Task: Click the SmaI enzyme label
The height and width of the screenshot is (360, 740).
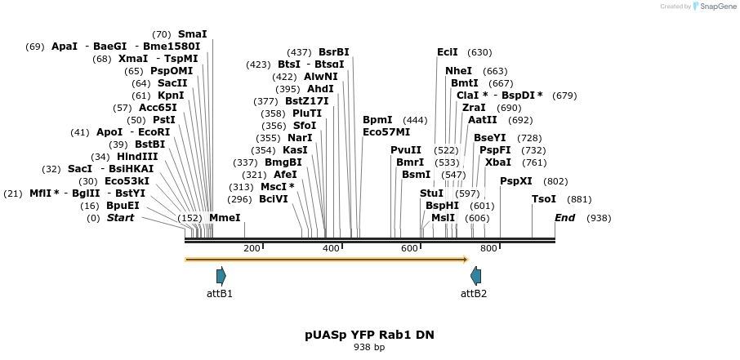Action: point(192,34)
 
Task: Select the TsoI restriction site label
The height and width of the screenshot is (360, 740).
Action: point(544,199)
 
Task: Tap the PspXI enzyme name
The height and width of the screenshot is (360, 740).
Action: point(515,181)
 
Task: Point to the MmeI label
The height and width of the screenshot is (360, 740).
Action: point(225,218)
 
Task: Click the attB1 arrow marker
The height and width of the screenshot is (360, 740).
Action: point(221,276)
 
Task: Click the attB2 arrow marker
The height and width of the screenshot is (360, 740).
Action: point(475,276)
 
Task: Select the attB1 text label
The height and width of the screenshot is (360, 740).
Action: point(220,294)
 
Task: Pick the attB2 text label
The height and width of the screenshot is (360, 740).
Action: point(474,294)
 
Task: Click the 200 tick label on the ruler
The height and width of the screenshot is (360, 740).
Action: point(252,248)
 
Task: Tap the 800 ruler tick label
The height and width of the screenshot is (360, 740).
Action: point(488,248)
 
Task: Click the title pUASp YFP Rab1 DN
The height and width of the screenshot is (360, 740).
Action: point(369,335)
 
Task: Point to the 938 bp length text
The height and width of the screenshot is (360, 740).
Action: point(369,348)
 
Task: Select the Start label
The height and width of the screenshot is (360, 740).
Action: point(120,218)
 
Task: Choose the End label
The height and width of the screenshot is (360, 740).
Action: point(564,218)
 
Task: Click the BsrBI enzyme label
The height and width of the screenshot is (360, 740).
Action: point(333,52)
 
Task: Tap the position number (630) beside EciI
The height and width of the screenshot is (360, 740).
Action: point(479,52)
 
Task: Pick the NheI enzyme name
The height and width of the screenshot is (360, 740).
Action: point(458,71)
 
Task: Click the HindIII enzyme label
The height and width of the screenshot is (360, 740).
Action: point(137,157)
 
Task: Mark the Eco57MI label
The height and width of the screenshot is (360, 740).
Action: point(386,132)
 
